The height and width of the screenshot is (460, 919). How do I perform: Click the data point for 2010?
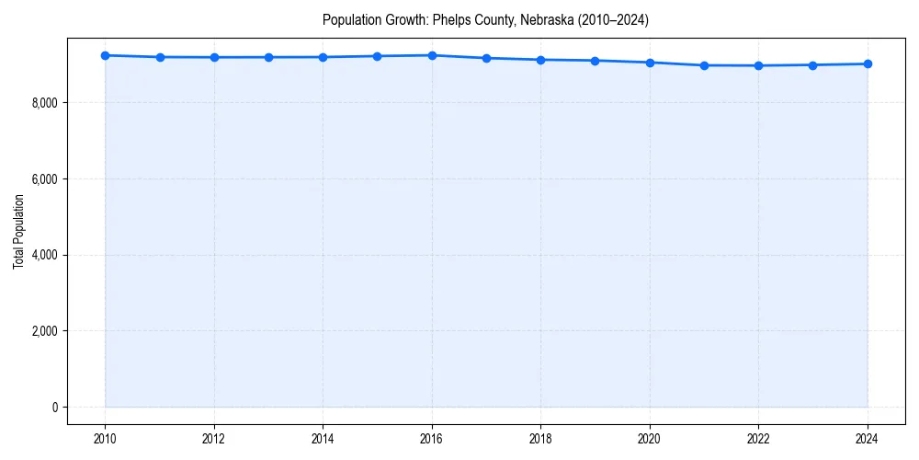(x=106, y=55)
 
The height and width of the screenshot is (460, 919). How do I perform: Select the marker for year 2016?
(x=432, y=55)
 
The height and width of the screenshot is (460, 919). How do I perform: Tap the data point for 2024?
(x=868, y=63)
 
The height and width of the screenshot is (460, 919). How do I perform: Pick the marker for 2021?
(x=704, y=65)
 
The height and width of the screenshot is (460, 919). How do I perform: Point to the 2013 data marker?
(x=269, y=57)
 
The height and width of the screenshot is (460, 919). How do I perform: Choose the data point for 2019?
(x=596, y=61)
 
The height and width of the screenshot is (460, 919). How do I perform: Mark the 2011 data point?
(x=160, y=57)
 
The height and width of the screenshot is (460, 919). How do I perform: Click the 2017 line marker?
(x=486, y=58)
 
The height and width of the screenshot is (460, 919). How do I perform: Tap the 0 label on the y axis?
(x=55, y=408)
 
